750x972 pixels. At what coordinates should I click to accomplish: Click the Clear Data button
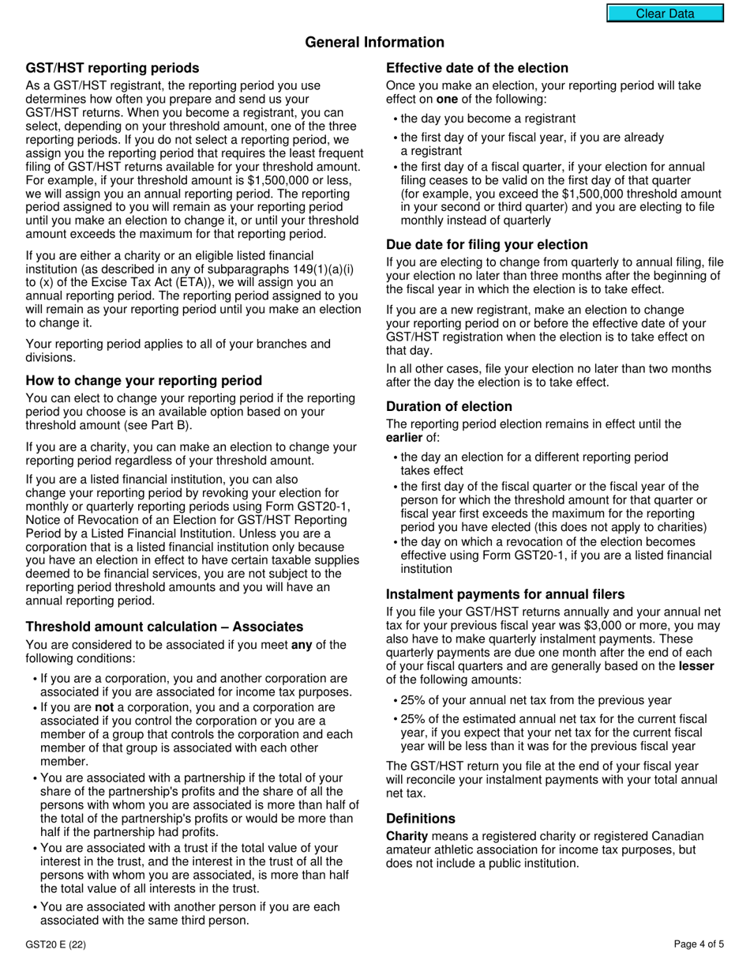click(665, 13)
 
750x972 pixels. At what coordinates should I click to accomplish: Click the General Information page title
click(374, 43)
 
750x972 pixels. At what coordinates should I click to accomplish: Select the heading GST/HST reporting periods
click(112, 68)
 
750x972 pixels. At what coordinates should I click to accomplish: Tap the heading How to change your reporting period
click(144, 381)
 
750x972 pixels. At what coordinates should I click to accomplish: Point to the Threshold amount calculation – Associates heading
click(164, 627)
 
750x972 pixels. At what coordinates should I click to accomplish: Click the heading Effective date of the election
click(477, 68)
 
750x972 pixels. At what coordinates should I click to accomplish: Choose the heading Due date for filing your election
click(486, 245)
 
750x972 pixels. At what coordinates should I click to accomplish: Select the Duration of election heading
click(448, 407)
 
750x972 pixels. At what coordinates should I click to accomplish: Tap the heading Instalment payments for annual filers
click(505, 594)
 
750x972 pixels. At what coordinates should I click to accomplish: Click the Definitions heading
click(420, 819)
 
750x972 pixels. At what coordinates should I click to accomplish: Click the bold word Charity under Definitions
click(407, 836)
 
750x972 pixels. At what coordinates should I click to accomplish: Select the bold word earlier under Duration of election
click(404, 438)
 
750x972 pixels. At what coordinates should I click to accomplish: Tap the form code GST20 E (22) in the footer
click(55, 944)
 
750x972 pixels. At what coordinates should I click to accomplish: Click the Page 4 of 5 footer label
click(699, 944)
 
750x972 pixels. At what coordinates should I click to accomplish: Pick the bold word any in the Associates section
click(302, 645)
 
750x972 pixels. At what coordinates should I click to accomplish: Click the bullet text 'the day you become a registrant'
click(488, 119)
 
